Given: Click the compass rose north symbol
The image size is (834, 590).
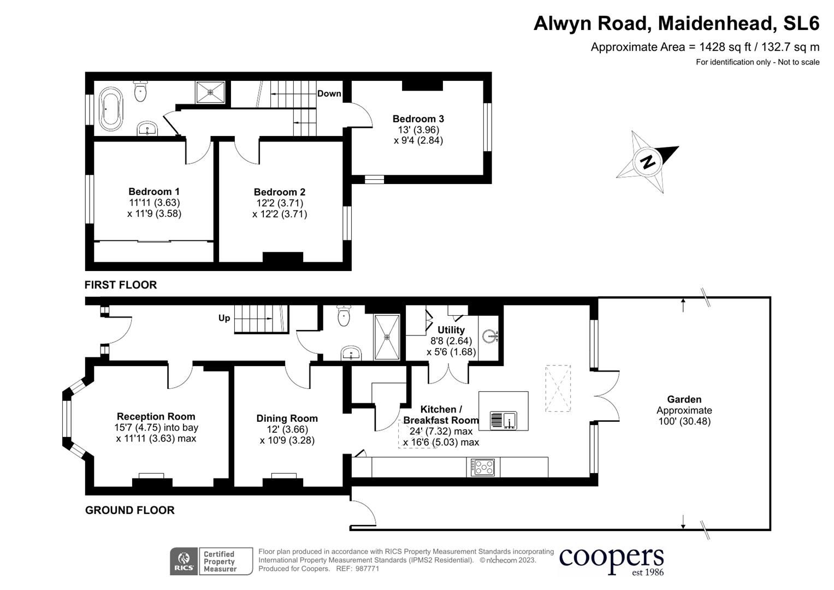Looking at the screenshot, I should (x=648, y=162).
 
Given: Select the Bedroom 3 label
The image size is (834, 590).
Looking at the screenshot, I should (x=418, y=119).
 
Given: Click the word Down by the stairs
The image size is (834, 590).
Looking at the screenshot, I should (x=329, y=93).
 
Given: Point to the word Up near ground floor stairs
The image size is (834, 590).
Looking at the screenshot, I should (x=224, y=318).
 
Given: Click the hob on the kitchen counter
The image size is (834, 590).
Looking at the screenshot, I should (x=483, y=467).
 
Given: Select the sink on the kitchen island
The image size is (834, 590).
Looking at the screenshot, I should (x=503, y=420).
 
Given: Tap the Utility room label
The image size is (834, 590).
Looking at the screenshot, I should (x=451, y=330).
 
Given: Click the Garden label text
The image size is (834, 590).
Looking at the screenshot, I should (x=684, y=399).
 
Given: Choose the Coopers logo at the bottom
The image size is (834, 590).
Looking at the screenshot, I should (x=611, y=560).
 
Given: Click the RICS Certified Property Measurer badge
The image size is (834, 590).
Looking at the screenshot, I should (x=211, y=561).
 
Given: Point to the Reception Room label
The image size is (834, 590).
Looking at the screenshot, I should (x=156, y=416).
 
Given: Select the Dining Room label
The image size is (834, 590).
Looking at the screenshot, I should (x=287, y=418).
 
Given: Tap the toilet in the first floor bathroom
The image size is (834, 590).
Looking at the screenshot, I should (x=141, y=91).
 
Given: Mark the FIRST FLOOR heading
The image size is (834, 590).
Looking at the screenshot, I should (x=121, y=285).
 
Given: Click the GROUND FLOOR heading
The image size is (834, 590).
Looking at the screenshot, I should (x=130, y=510).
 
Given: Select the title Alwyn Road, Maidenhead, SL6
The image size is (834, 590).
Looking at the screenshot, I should (x=676, y=23).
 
